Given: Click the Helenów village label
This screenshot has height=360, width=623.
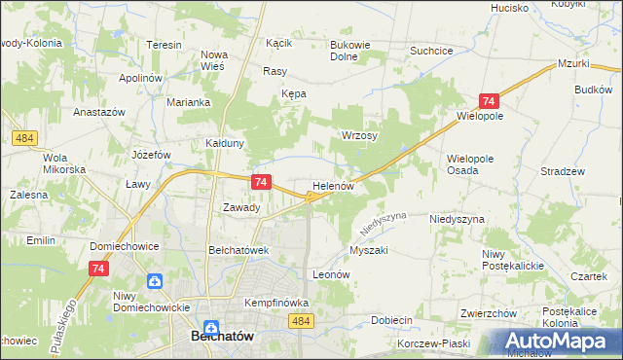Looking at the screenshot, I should (x=338, y=185).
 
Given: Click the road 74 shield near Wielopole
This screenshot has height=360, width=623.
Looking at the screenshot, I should (x=489, y=101).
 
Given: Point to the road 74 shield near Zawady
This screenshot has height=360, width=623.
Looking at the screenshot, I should (x=260, y=182).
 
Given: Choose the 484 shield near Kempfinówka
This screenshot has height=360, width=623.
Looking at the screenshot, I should (x=302, y=321).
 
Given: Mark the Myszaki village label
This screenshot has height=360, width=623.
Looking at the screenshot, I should (x=368, y=250).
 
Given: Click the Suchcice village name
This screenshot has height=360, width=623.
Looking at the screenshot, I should (x=431, y=50).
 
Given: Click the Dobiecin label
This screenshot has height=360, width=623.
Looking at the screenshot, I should (x=392, y=320).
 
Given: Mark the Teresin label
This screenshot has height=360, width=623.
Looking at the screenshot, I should (x=164, y=46).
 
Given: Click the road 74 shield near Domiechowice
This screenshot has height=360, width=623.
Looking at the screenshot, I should (x=97, y=269).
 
